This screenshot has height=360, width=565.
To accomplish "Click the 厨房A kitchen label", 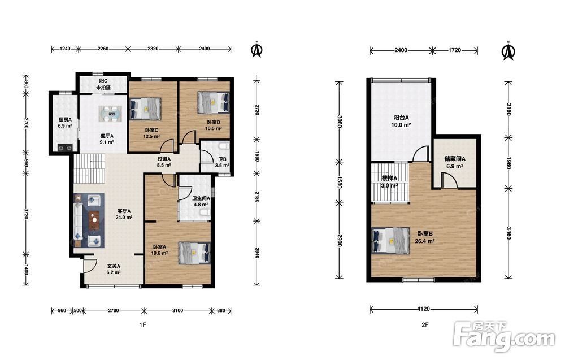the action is click(65, 120).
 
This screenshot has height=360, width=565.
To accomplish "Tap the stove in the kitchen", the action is click(65, 148).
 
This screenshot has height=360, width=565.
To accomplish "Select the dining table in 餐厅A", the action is click(111, 114).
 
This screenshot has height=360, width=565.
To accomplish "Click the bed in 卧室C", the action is click(145, 109).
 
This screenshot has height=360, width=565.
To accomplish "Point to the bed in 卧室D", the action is click(214, 102).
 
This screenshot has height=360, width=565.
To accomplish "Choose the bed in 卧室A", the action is click(194, 253).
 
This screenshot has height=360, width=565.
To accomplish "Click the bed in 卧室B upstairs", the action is click(390, 240).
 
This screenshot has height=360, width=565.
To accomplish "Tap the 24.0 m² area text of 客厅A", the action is click(124, 217).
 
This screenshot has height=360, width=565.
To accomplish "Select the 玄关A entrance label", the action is click(114, 266).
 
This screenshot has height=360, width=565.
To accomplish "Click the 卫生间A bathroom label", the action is click(201, 198).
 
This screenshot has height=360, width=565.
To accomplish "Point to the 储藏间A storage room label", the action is click(455, 159).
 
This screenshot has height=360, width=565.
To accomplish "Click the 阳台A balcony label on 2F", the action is click(401, 118).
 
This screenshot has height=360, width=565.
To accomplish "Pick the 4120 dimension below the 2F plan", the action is click(424, 309).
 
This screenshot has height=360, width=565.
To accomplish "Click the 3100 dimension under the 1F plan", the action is click(177, 310).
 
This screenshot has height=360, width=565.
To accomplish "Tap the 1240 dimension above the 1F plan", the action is click(65, 49).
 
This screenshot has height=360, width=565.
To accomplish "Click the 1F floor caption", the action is click(143, 325).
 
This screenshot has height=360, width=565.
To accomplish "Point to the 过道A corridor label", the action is click(164, 159).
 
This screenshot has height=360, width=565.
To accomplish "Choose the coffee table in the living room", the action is click(95, 220).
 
